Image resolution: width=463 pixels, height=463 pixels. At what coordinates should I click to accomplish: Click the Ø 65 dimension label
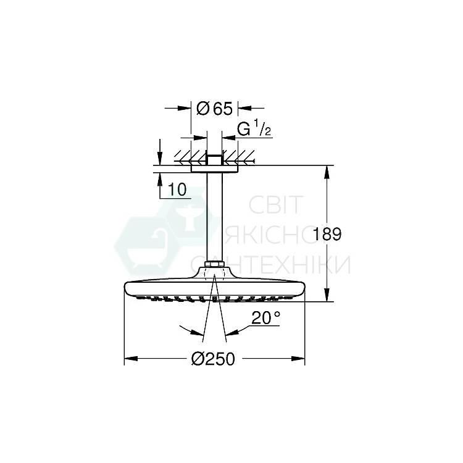point(214,109)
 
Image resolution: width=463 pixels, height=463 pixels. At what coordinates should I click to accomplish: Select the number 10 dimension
point(177,190)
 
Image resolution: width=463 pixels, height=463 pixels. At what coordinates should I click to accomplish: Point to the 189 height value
point(327,234)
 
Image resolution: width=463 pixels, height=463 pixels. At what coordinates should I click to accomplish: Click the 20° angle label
point(265,318)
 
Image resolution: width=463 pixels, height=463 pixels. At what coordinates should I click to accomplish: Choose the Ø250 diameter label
point(213,359)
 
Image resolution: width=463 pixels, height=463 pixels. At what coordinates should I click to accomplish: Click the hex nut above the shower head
point(214,264)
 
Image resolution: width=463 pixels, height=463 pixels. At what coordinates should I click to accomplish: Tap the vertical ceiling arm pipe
point(214,217)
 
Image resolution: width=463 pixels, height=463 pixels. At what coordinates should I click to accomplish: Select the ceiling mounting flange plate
point(214,169)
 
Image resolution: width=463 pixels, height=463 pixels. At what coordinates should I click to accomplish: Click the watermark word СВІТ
point(275,204)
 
